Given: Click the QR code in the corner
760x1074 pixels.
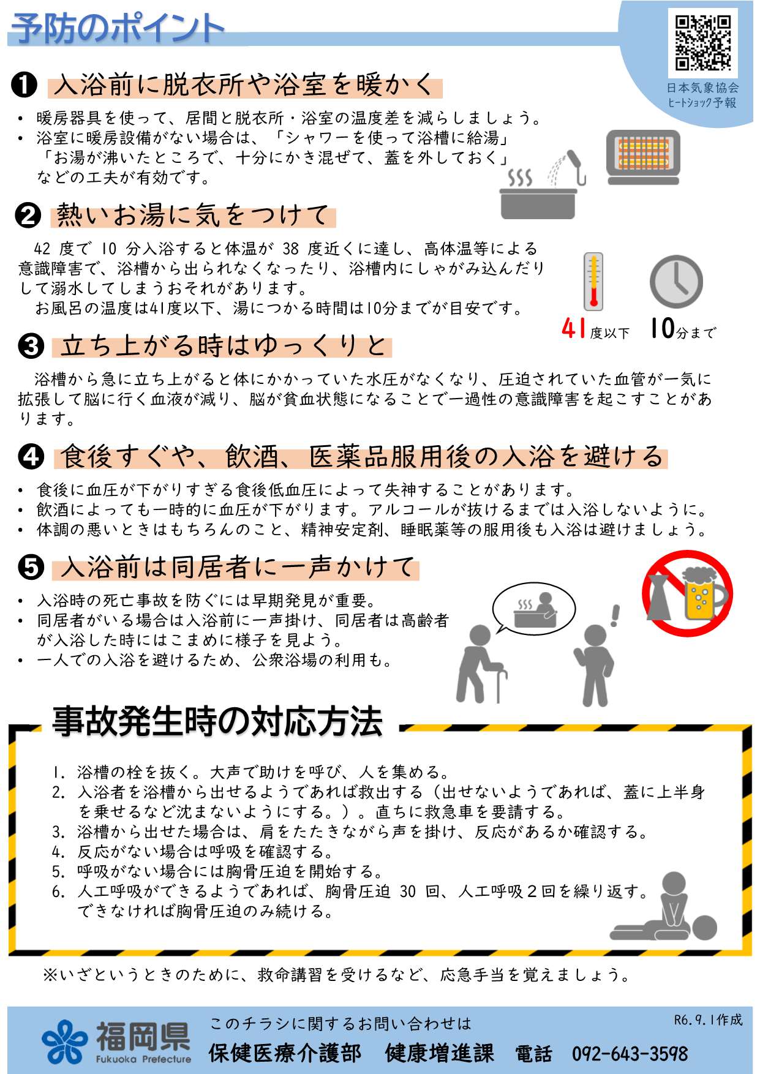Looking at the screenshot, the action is coord(703,43).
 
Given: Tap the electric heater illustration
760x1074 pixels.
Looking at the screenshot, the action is coord(643,157).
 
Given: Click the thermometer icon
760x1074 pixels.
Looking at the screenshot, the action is coord(593,282).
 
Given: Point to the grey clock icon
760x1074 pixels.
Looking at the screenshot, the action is coord(676,281).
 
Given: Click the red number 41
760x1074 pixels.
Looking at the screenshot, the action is coord(574,329).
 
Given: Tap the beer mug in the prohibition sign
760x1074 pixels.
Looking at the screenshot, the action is coord(703,594).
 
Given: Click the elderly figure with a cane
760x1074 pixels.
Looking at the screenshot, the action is coord(481,664).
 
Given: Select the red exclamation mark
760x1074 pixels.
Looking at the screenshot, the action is coord(615,615).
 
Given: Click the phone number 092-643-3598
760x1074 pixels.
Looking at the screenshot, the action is coord(630,1054).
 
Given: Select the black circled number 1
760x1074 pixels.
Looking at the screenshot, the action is coord(24,85).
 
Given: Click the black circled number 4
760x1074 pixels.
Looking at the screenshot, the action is coord(31,457).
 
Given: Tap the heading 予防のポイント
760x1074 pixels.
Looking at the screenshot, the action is coord(118,28).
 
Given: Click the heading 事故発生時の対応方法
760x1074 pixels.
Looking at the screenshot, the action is coord(217,721).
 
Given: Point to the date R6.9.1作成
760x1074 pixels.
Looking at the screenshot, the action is coord(708,1020).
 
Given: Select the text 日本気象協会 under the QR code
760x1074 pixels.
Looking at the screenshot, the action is coord(702,88).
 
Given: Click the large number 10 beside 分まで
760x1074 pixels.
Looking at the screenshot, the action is coord(663,328).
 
